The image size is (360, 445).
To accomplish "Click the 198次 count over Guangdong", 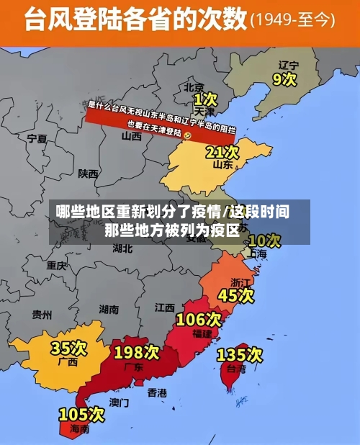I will [136, 352].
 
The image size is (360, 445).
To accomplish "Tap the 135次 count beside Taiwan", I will [240, 354].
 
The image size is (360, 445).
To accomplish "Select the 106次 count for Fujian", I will [199, 319].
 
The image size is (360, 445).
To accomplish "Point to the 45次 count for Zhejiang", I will [236, 295].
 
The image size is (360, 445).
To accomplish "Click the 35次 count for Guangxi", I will [68, 349].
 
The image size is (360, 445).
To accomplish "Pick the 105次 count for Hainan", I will [81, 415].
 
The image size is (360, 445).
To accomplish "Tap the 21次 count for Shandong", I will [222, 152].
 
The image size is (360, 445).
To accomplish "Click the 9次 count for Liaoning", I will [285, 78].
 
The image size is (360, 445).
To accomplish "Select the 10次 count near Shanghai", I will [264, 240].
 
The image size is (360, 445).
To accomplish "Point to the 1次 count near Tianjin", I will [205, 97].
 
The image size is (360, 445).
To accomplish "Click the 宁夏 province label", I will [37, 138].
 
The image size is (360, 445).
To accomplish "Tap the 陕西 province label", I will [89, 174].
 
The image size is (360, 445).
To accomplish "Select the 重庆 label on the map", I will [56, 265].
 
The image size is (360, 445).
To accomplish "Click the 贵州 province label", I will [42, 314].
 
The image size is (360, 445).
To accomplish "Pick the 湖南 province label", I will [109, 309].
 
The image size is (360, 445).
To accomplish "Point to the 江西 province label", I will [164, 307].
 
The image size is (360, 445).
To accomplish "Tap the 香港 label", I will [157, 392].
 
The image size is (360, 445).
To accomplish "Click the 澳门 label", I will [119, 402].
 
